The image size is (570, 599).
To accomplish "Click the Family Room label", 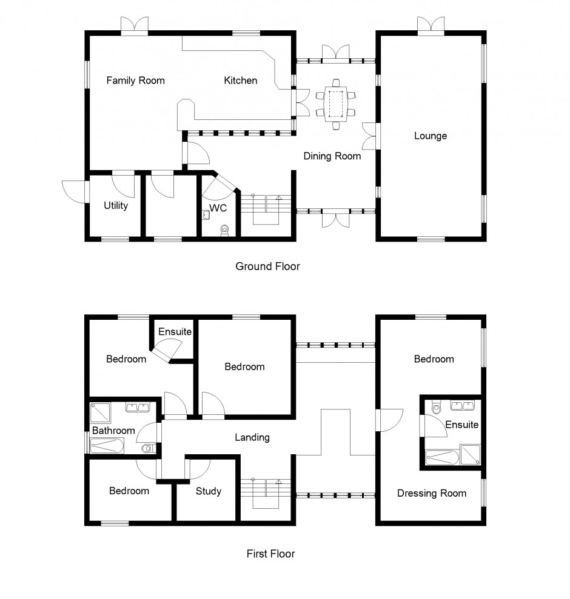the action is [x=135, y=81].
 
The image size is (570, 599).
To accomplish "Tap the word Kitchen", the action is [x=240, y=81].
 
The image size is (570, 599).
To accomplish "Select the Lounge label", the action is [x=431, y=136].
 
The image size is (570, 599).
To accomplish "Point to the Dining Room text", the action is [x=332, y=156].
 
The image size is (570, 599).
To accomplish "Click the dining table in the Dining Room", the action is [x=336, y=104].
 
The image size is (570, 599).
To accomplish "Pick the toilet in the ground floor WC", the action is [x=224, y=230].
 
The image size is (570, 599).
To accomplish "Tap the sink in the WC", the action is [x=206, y=216].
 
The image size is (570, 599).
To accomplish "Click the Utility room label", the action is [x=116, y=205].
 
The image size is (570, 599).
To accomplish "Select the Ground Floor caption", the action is [x=267, y=266].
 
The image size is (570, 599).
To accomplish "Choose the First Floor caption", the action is [x=270, y=554].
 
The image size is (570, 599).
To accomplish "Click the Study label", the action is [x=209, y=491].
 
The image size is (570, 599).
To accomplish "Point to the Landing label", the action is [x=252, y=437].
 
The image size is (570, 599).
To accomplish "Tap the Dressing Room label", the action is [x=432, y=494].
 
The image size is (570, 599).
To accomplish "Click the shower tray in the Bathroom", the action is [x=100, y=413].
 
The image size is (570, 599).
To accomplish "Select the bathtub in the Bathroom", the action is [x=107, y=446].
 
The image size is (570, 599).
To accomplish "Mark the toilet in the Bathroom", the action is [x=149, y=448].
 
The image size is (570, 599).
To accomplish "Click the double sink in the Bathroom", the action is [x=138, y=408].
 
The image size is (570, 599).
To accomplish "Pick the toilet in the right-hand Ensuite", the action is [x=436, y=408].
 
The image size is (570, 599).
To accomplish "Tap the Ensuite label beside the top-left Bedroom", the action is [x=175, y=331].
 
